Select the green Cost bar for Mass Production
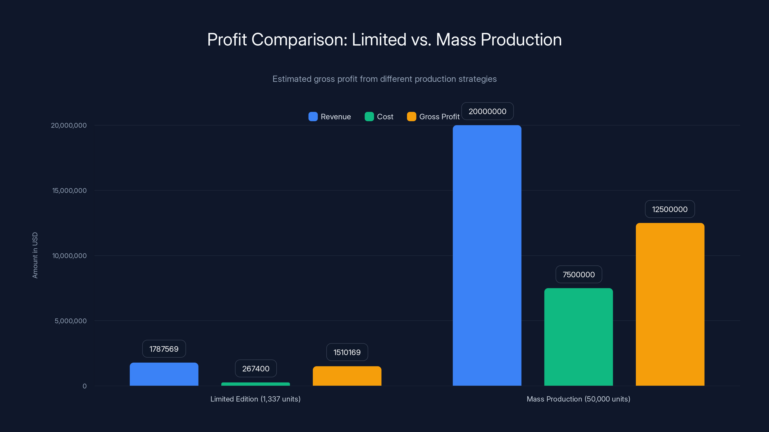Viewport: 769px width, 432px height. pyautogui.click(x=578, y=337)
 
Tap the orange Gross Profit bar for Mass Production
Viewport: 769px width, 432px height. pyautogui.click(x=670, y=304)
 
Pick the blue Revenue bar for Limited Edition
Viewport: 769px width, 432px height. pyautogui.click(x=164, y=374)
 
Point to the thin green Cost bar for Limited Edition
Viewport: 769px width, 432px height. pyautogui.click(x=255, y=384)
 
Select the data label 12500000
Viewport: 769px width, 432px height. pyautogui.click(x=670, y=209)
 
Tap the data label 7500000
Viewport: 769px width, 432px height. pyautogui.click(x=578, y=275)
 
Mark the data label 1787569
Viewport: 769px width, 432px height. pyautogui.click(x=164, y=349)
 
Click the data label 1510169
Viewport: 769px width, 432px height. pyautogui.click(x=347, y=352)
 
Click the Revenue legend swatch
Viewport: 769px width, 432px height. pyautogui.click(x=313, y=117)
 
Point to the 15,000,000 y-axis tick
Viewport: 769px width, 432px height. pyautogui.click(x=69, y=191)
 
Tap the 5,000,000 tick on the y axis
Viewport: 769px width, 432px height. pyautogui.click(x=70, y=321)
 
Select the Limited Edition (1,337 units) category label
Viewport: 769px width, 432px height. pyautogui.click(x=255, y=399)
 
